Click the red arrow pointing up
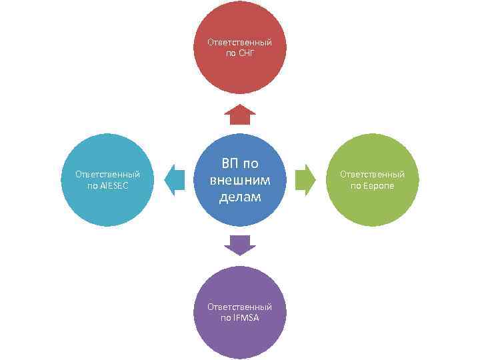coord(240,115)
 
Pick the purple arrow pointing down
coord(240,245)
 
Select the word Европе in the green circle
coord(378,185)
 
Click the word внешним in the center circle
coord(240,180)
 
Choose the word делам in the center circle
coord(240,197)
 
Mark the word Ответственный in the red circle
coord(240,42)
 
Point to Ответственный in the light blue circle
coord(107,175)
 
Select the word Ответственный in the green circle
coord(372,175)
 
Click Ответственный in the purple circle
coord(240,307)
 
